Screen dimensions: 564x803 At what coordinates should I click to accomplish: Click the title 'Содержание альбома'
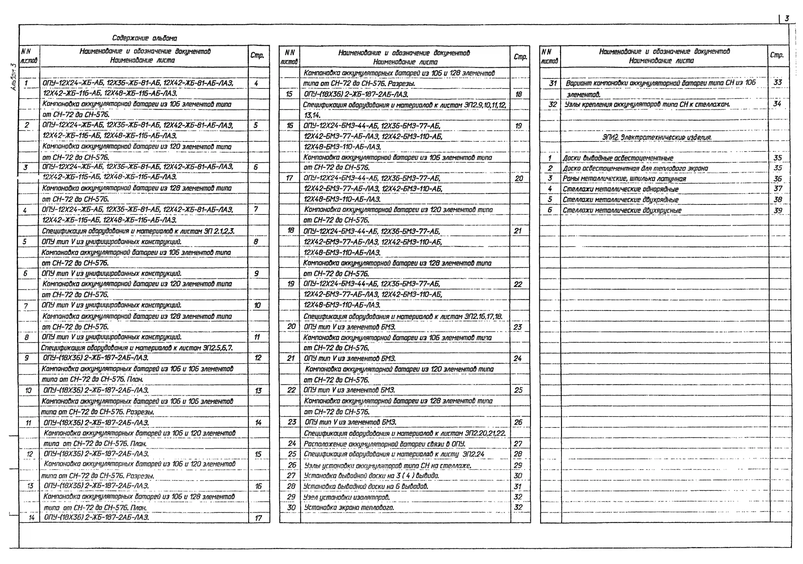pyautogui.click(x=144, y=38)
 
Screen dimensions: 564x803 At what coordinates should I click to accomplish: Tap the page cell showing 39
pyautogui.click(x=778, y=211)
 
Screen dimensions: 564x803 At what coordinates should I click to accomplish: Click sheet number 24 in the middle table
pyautogui.click(x=292, y=443)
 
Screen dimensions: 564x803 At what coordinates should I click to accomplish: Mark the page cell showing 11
pyautogui.click(x=257, y=337)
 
